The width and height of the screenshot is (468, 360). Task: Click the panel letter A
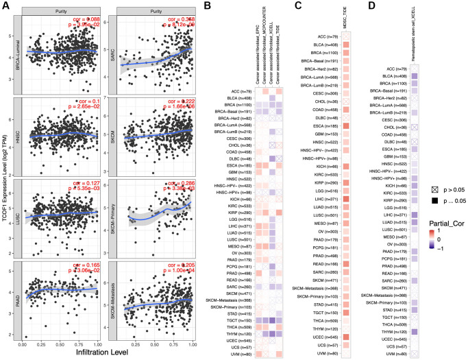pyautogui.click(x=5, y=6)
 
